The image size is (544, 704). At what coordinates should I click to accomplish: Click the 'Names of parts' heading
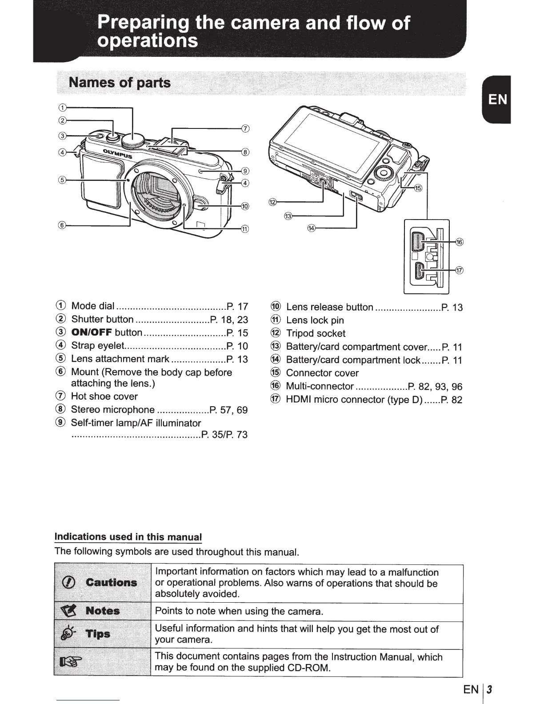[119, 83]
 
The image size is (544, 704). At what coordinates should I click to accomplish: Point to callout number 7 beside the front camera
[244, 129]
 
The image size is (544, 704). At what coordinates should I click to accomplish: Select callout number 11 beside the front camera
[244, 229]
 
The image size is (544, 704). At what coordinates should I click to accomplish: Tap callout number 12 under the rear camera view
[272, 203]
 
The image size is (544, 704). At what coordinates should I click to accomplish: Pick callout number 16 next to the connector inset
[460, 242]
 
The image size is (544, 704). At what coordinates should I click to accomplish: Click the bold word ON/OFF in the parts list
[92, 333]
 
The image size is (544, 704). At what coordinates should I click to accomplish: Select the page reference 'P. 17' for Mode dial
[237, 306]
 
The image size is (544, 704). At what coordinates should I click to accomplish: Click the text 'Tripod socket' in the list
[316, 334]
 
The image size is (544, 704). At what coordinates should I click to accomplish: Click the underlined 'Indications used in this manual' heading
[128, 537]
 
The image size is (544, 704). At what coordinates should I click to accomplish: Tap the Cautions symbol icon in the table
[72, 583]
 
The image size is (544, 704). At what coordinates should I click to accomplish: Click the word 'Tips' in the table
[98, 634]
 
